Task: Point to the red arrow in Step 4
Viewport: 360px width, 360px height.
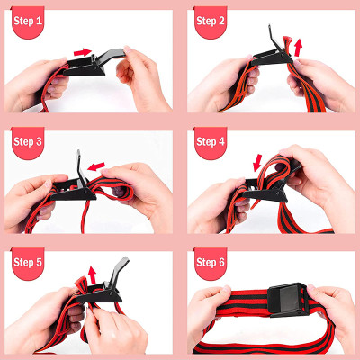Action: click(x=259, y=162)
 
